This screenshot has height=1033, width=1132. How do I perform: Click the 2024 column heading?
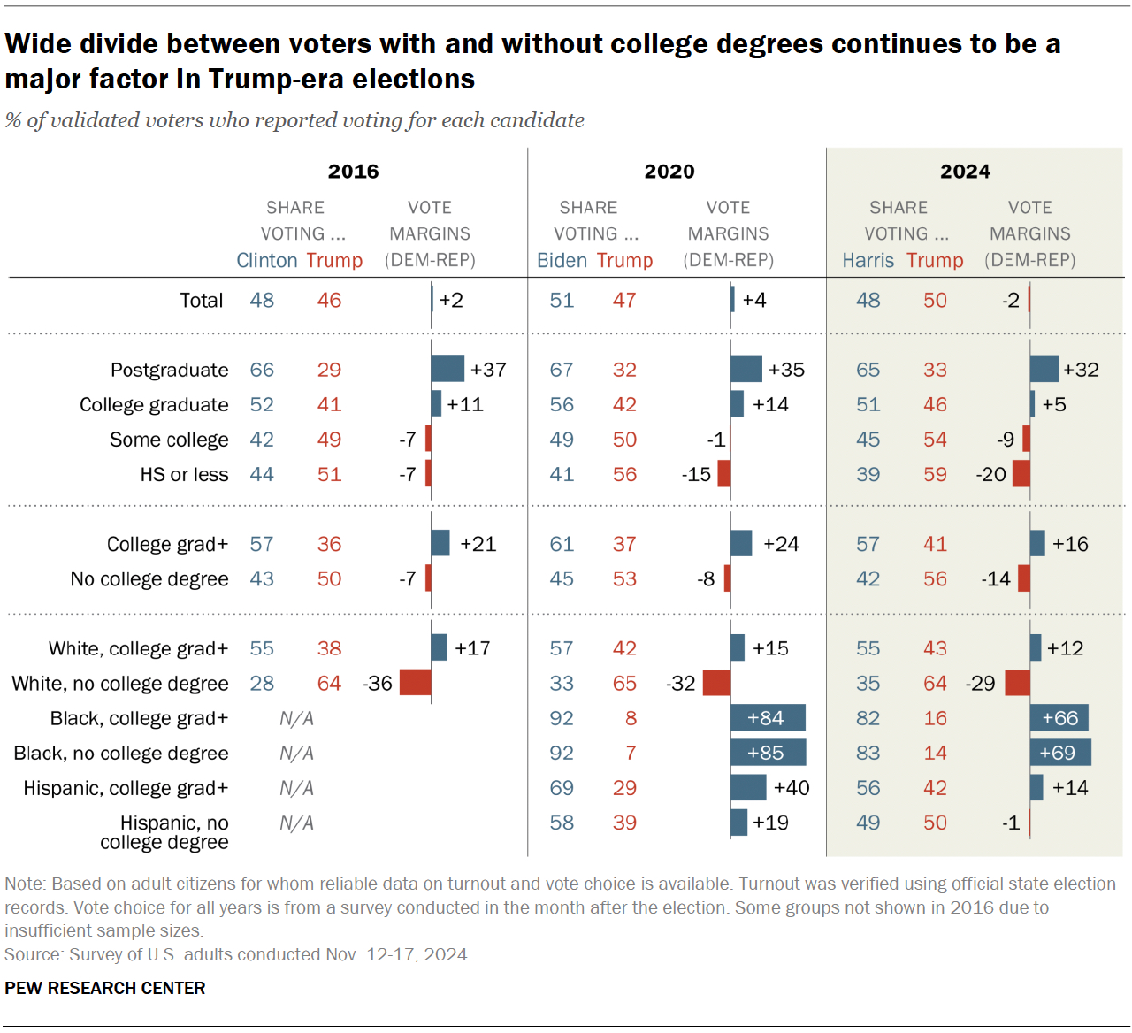(965, 172)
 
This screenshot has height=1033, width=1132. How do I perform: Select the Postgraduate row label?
(169, 370)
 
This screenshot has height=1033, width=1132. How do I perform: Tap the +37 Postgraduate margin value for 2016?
(488, 370)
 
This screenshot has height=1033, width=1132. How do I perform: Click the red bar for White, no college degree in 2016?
(416, 683)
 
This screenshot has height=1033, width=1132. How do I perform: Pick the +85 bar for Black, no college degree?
(768, 753)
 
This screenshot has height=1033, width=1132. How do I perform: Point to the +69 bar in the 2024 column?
(1059, 753)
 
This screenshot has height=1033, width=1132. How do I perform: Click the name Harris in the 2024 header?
(868, 261)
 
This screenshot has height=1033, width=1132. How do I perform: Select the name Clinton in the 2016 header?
(267, 261)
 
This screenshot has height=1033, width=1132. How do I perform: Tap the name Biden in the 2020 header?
(562, 261)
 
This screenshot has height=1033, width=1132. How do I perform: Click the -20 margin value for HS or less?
(990, 474)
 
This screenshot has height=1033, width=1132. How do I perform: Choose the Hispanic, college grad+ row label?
(126, 788)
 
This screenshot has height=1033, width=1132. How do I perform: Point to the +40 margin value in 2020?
(791, 788)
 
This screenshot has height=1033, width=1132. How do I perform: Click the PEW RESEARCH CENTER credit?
(105, 988)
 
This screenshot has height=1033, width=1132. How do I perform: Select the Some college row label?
(169, 440)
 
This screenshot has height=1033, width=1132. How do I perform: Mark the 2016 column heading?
(353, 172)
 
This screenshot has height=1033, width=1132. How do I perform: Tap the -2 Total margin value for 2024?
(1011, 301)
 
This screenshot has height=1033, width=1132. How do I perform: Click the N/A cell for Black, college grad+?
(296, 718)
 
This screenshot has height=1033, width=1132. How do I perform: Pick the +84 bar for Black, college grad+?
(768, 718)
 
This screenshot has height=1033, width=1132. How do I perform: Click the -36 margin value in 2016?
(378, 684)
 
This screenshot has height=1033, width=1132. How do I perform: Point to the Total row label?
(202, 301)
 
